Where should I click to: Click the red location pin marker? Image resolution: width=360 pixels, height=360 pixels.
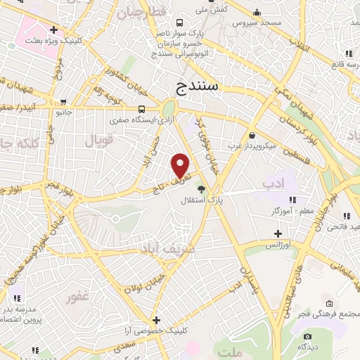pyautogui.click(x=181, y=165)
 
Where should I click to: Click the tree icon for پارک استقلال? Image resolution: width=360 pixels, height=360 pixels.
pyautogui.click(x=202, y=188)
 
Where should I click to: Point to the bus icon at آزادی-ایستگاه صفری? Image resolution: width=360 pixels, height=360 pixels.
pyautogui.click(x=142, y=109)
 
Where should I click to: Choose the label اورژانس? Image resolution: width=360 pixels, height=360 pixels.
pyautogui.click(x=278, y=245)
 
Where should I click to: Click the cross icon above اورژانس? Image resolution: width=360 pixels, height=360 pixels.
pyautogui.click(x=278, y=233)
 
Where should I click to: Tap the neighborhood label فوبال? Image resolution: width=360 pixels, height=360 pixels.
pyautogui.click(x=98, y=141)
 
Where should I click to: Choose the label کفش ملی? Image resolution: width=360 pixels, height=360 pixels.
pyautogui.click(x=211, y=10)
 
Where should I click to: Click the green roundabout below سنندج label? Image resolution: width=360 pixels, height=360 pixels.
pyautogui.click(x=168, y=110)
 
